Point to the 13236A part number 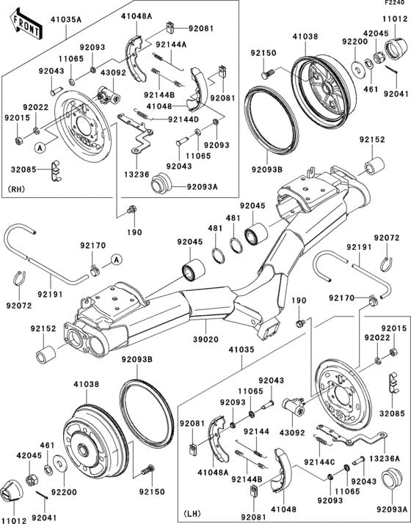[393, 457]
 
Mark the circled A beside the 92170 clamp [117, 260]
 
